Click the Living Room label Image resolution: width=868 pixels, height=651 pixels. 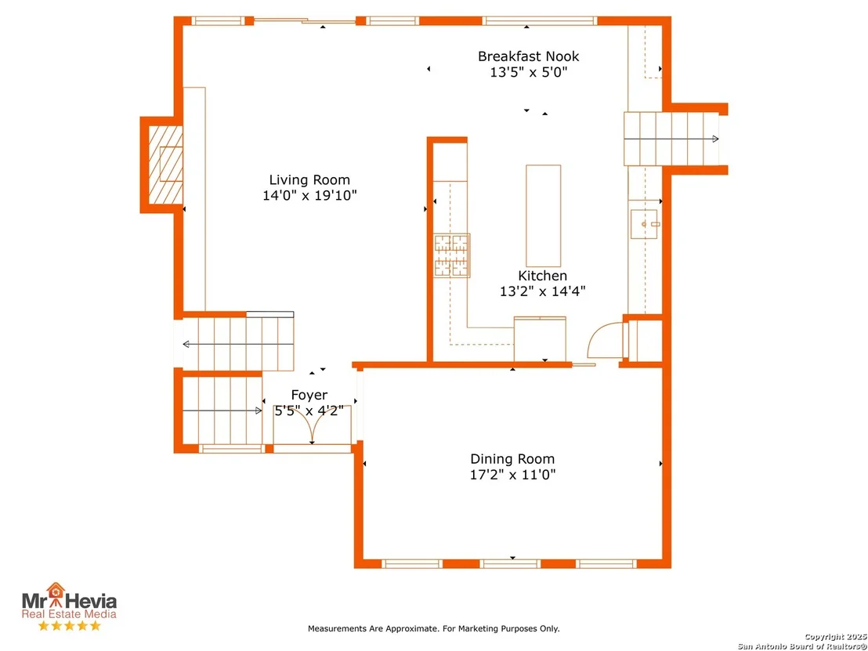tap(309, 180)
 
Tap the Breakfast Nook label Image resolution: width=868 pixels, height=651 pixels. tap(529, 56)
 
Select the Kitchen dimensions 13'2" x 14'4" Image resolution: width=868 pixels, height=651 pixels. tap(542, 291)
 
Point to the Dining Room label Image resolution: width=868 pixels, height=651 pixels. tap(512, 459)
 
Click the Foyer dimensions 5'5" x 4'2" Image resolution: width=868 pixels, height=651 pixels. tap(309, 410)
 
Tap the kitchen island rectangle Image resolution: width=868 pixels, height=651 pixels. tap(543, 216)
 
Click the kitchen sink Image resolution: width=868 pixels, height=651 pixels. tap(645, 224)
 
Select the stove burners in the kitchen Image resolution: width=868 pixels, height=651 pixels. tap(452, 255)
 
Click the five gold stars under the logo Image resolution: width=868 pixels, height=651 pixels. tap(69, 625)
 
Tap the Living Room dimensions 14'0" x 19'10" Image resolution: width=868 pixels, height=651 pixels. tap(309, 195)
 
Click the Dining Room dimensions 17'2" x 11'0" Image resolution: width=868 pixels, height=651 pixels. tap(512, 475)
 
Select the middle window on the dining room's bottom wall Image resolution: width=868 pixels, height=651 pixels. tap(510, 563)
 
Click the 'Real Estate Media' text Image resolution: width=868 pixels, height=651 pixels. tap(69, 613)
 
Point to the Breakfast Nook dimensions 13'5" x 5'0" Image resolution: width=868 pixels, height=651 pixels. tap(529, 72)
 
